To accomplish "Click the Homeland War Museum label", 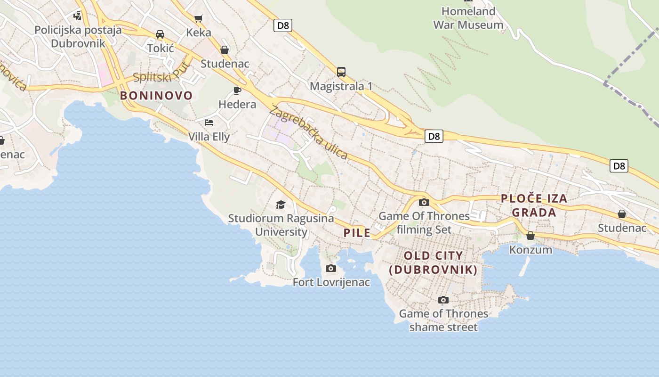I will tap(468, 18).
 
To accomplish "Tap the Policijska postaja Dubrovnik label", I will tap(78, 36).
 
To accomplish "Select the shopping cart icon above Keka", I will tap(199, 18).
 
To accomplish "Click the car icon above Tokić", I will tap(160, 34).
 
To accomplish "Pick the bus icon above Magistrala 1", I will tap(341, 72).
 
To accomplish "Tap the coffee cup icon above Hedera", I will tap(237, 90).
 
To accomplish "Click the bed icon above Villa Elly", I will tap(209, 123).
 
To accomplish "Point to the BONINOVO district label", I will tap(156, 96).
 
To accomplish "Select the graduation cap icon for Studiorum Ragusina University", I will tap(281, 205).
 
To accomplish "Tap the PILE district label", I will tap(357, 233).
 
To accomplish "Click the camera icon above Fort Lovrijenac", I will tap(331, 269).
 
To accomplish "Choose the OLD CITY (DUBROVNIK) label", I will tap(434, 262).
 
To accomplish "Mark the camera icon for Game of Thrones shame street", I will tap(443, 300).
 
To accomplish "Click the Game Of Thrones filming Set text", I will tap(424, 223).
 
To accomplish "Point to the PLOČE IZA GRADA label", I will tap(534, 205).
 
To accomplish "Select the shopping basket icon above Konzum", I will tap(530, 236).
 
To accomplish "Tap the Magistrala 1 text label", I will tap(341, 86).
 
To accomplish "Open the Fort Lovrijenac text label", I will tap(331, 282).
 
